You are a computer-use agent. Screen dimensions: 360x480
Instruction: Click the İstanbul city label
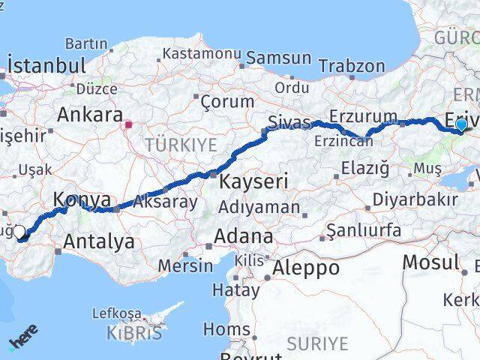click(x=46, y=65)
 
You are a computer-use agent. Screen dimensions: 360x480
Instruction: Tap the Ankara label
click(x=90, y=116)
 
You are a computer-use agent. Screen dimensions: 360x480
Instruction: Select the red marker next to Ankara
click(x=129, y=124)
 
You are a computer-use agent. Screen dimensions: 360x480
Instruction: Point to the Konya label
click(x=82, y=200)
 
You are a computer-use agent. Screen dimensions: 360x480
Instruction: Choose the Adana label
click(x=243, y=236)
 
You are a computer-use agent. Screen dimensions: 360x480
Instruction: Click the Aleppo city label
click(x=306, y=268)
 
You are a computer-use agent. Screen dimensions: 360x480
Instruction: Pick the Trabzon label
click(x=352, y=66)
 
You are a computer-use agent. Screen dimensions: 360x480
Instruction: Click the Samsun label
click(x=279, y=58)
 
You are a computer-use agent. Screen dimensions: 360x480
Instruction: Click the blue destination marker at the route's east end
click(x=461, y=124)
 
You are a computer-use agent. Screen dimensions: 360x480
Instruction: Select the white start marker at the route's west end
click(x=20, y=232)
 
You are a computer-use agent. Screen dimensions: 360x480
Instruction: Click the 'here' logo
click(x=23, y=338)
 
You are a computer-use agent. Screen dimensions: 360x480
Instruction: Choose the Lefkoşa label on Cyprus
click(x=116, y=313)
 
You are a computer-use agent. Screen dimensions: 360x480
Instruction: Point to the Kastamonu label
click(x=202, y=54)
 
